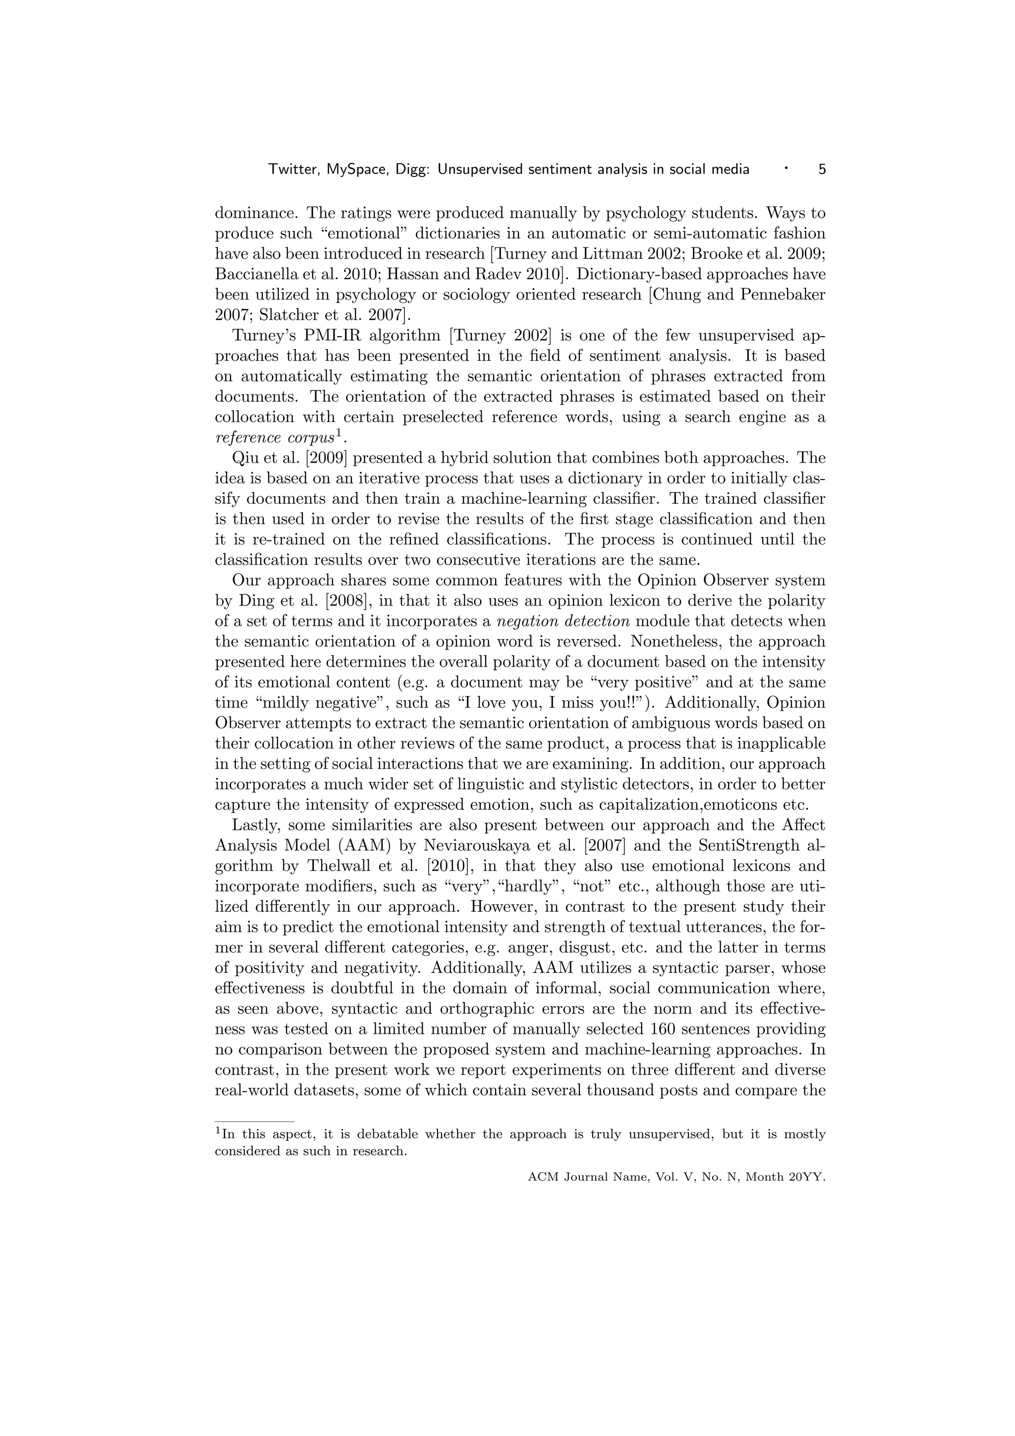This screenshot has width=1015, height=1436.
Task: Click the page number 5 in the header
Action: (x=822, y=169)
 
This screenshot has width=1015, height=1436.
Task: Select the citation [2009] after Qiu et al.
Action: (x=325, y=458)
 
